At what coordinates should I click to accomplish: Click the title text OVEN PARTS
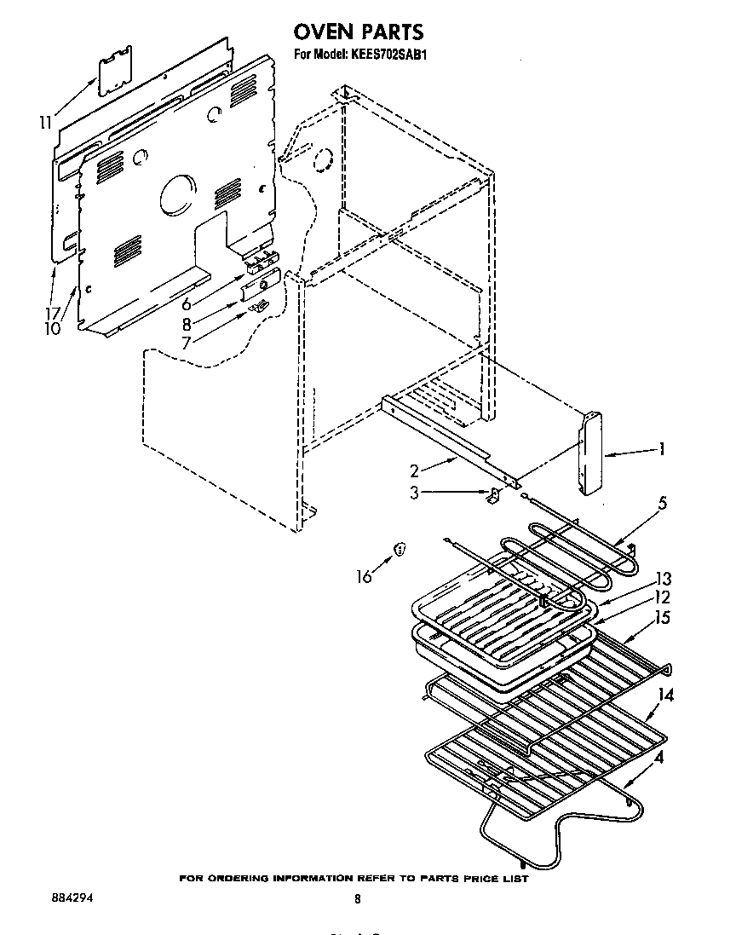coord(358,32)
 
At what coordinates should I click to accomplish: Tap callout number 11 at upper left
coord(45,123)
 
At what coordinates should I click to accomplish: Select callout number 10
coord(53,328)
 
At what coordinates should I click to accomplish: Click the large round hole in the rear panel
coord(177,195)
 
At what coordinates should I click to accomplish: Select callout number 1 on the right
coord(661,450)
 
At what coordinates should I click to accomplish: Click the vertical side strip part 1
coord(588,452)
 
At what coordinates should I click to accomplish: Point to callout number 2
coord(415,470)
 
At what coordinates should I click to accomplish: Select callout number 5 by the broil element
coord(663,502)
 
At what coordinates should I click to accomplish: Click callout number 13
coord(663,578)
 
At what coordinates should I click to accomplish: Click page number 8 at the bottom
coord(358,898)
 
